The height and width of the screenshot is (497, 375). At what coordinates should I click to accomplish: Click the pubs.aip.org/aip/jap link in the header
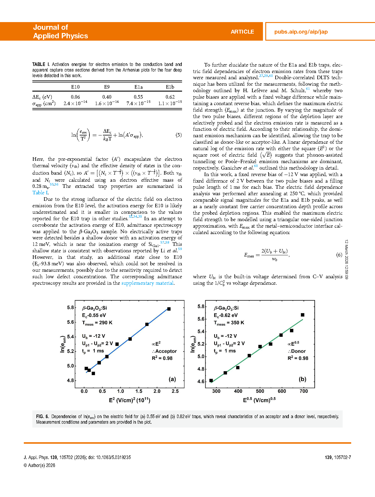tap(301, 32)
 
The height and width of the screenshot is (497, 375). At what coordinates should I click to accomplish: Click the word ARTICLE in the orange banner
tap(242, 32)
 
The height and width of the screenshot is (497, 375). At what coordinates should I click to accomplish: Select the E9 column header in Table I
tap(107, 87)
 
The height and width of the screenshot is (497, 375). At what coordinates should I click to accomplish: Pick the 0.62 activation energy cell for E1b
tap(170, 97)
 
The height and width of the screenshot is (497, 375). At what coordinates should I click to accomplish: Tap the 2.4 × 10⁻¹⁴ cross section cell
tap(75, 103)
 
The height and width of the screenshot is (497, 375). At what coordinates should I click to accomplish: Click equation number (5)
tap(179, 135)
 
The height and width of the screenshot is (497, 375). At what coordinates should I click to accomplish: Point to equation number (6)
tap(339, 255)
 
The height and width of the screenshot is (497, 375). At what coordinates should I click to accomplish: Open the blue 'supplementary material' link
tap(147, 283)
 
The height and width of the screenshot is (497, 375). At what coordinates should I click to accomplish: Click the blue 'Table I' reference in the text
tap(40, 193)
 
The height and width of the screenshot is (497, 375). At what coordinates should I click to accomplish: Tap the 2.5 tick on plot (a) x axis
tap(175, 391)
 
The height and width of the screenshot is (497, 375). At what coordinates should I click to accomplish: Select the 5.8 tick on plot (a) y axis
tap(71, 308)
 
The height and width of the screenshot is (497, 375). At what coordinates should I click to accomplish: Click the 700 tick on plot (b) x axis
tap(304, 391)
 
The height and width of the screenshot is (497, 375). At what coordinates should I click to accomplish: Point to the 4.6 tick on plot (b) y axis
tap(201, 382)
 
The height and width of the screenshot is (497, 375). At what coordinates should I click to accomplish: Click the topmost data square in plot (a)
tap(169, 309)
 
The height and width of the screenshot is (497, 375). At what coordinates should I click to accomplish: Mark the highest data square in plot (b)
tap(303, 315)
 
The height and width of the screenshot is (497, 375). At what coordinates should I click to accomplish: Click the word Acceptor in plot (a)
tap(166, 351)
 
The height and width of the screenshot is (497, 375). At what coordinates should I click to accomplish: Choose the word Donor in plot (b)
tap(298, 351)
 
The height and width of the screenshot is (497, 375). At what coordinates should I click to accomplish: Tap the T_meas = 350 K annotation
tap(229, 323)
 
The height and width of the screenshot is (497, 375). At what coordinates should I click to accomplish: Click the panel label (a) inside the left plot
tap(172, 379)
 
